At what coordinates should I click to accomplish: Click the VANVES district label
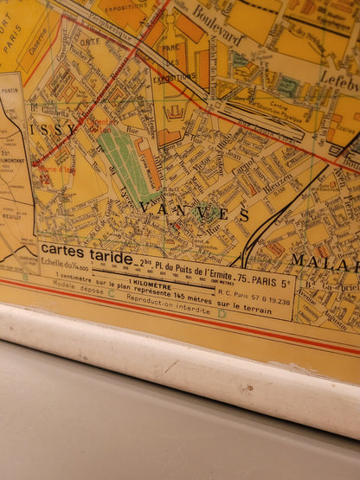[x=194, y=210]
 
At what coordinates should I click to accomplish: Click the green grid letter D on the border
[x=222, y=313]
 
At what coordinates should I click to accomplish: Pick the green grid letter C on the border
[x=111, y=293]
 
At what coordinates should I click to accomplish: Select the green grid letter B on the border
[x=25, y=277]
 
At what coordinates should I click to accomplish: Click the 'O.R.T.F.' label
[x=89, y=42]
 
